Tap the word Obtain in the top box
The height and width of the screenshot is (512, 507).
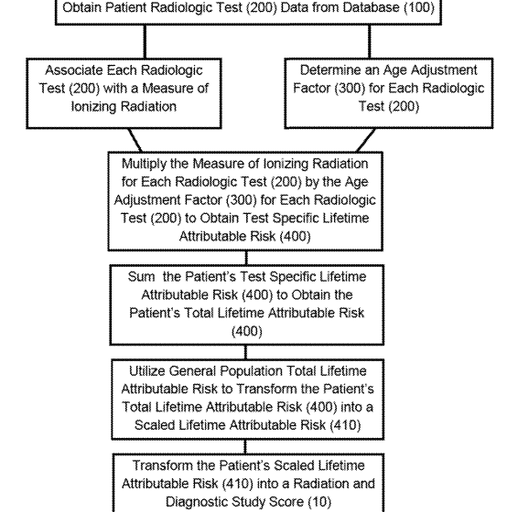[82, 7]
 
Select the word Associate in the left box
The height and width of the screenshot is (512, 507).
[73, 70]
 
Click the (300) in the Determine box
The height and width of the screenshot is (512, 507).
[351, 88]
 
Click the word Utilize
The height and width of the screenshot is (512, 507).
[147, 371]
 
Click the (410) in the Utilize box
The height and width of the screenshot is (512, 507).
[345, 425]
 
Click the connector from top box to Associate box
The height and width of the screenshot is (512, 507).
[145, 41]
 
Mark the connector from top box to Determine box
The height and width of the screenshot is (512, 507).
[370, 41]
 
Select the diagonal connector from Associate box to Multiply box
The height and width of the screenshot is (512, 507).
[135, 140]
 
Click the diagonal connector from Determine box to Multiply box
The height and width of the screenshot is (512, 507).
[365, 140]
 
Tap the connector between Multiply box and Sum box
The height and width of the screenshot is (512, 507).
[246, 258]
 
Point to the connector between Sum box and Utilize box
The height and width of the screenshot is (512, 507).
[245, 352]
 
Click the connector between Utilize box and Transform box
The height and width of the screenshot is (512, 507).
[245, 446]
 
